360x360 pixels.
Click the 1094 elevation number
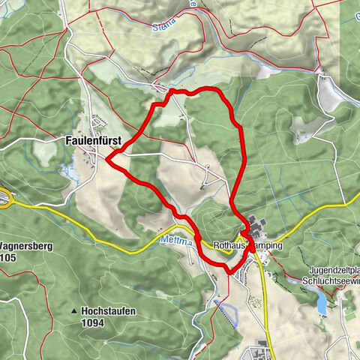94,323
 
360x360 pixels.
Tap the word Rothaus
229,245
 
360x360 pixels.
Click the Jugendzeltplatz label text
330,269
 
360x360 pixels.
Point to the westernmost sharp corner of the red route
108,158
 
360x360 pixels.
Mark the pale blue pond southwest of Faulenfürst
72,174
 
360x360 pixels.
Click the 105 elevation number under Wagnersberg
8,258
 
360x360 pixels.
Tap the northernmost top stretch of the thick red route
195,91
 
